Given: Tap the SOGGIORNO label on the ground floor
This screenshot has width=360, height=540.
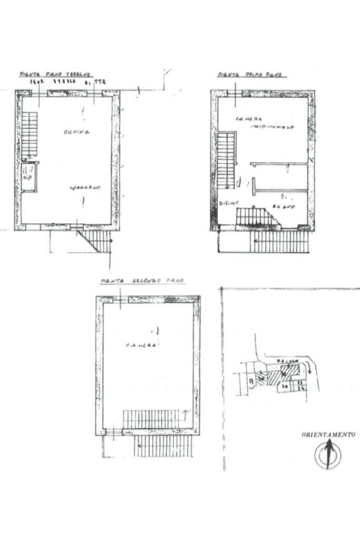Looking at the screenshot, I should (85, 188).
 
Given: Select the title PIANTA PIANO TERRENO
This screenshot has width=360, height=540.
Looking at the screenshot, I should (55, 74).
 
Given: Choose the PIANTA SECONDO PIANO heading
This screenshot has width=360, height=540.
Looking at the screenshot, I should (142, 281).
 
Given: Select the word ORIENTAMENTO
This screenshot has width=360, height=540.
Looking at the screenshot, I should (328, 435).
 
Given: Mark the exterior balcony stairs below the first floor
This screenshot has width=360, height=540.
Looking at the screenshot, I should (279, 242).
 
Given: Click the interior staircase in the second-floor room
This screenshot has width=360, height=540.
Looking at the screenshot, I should (153, 419).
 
